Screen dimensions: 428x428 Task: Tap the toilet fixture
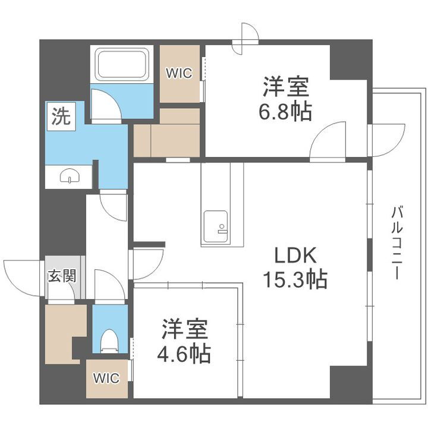(x=109, y=342)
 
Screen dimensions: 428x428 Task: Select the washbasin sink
(x=70, y=177)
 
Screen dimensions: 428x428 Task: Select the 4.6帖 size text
(x=184, y=355)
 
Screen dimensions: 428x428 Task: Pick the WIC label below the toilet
(x=106, y=378)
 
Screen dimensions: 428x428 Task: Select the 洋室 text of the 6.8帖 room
(x=287, y=87)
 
